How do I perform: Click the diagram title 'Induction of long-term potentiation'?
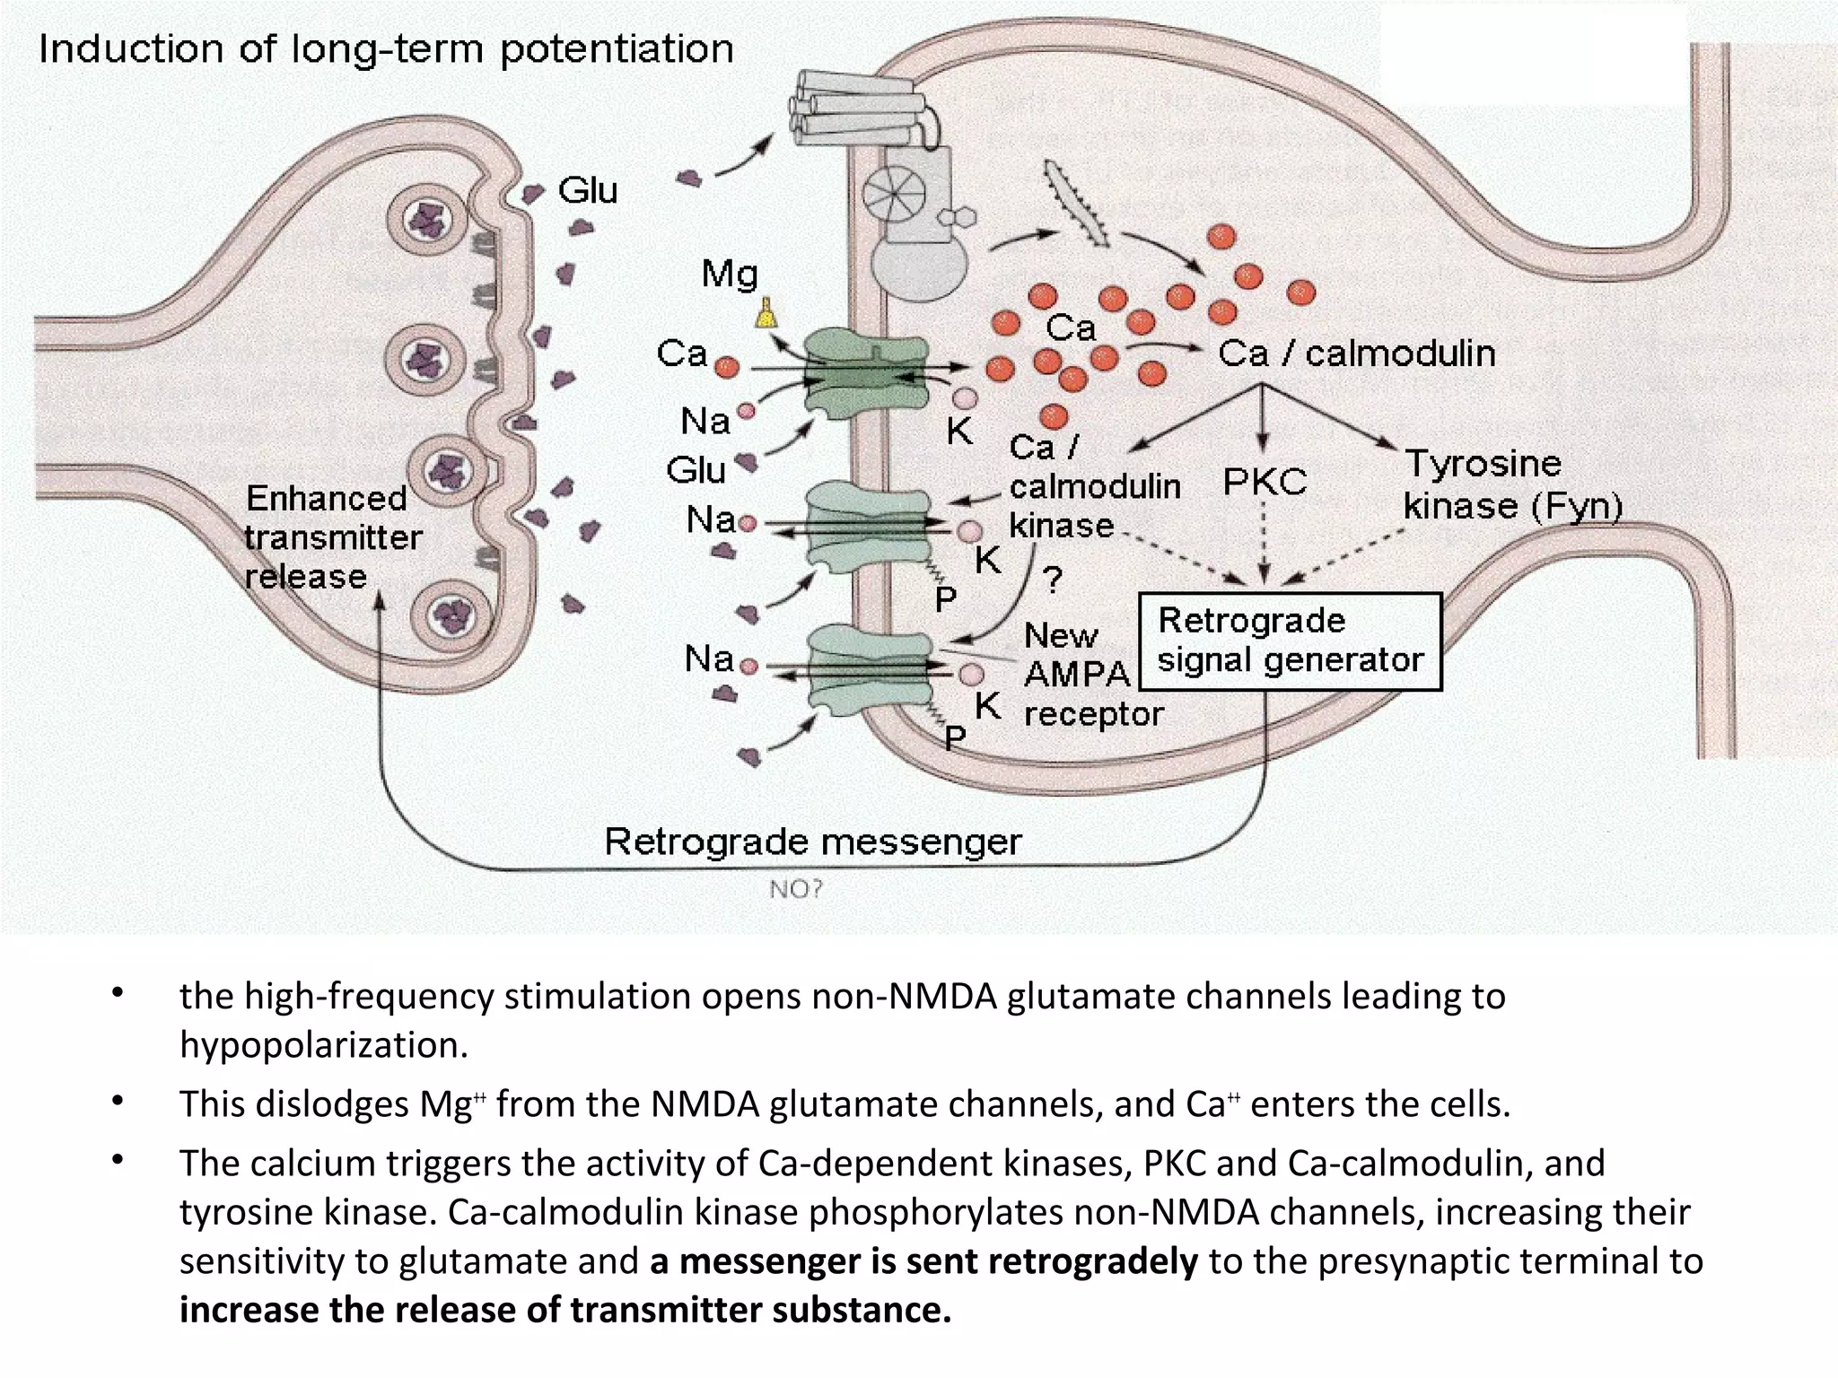click(386, 49)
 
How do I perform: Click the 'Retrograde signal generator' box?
click(1290, 641)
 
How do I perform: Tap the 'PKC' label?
click(1265, 482)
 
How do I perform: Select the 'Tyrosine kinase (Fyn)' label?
click(1512, 485)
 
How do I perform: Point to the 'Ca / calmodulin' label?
click(1356, 353)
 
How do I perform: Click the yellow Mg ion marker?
click(766, 313)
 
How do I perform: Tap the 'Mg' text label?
click(730, 274)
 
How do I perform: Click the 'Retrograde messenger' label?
click(812, 842)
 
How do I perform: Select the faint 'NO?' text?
click(795, 889)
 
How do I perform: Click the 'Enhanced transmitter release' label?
click(332, 536)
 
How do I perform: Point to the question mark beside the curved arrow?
click(1054, 579)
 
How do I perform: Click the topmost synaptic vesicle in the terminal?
click(426, 218)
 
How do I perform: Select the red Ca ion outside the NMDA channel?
click(726, 366)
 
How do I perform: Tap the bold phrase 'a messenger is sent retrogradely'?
click(923, 1260)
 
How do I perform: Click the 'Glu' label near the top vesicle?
click(588, 191)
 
